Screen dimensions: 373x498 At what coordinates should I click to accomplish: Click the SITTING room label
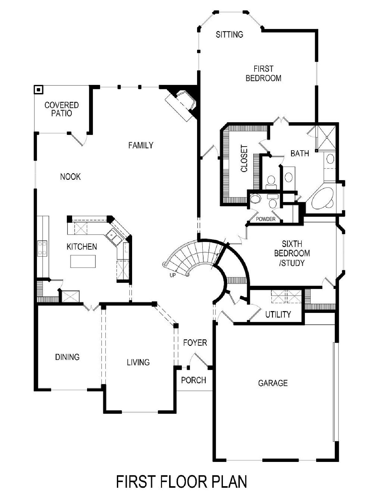tap(229, 35)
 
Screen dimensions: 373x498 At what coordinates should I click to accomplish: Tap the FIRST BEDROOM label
tap(263, 73)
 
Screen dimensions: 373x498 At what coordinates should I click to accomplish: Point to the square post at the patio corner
tap(39, 90)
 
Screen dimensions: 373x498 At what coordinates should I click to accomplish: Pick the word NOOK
tap(70, 177)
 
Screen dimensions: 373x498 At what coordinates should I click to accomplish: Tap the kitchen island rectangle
tap(83, 261)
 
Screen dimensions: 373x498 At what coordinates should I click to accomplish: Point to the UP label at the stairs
tap(173, 275)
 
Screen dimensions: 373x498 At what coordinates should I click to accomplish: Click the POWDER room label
tap(265, 219)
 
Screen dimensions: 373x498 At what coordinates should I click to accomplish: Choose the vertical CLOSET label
tap(244, 159)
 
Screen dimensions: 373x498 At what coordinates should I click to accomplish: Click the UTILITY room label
tap(278, 314)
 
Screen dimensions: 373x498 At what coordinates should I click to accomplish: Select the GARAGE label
tap(273, 383)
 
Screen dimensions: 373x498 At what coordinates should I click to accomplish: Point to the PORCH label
tap(194, 380)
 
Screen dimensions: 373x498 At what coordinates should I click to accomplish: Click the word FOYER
tap(195, 342)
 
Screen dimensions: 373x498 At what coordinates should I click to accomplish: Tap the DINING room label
tap(67, 357)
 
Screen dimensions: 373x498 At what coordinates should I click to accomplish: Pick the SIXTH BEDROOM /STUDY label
tap(292, 253)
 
